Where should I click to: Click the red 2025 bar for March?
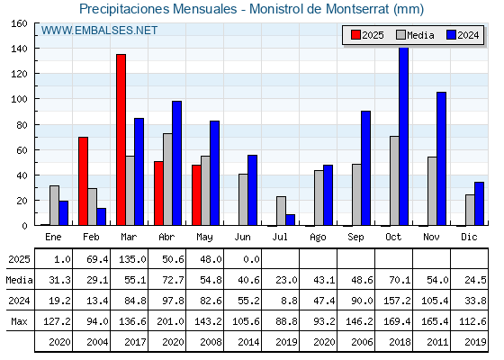click(121, 139)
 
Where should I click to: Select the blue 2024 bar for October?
click(403, 137)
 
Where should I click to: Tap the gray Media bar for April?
click(167, 179)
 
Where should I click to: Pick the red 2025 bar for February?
click(83, 181)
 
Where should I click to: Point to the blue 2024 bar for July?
click(290, 220)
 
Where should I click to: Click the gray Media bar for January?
click(54, 205)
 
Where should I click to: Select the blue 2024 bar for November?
click(441, 158)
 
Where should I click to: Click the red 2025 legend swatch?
click(355, 35)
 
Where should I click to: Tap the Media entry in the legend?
click(415, 35)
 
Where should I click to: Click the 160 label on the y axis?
click(20, 23)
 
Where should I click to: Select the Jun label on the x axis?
click(242, 238)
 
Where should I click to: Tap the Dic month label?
click(469, 237)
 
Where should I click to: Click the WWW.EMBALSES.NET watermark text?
click(99, 31)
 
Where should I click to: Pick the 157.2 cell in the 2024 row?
click(397, 301)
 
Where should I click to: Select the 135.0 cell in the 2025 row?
click(132, 259)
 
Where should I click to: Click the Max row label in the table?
click(19, 321)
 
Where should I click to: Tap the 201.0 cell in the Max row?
click(170, 321)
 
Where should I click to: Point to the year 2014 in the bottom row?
click(248, 342)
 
